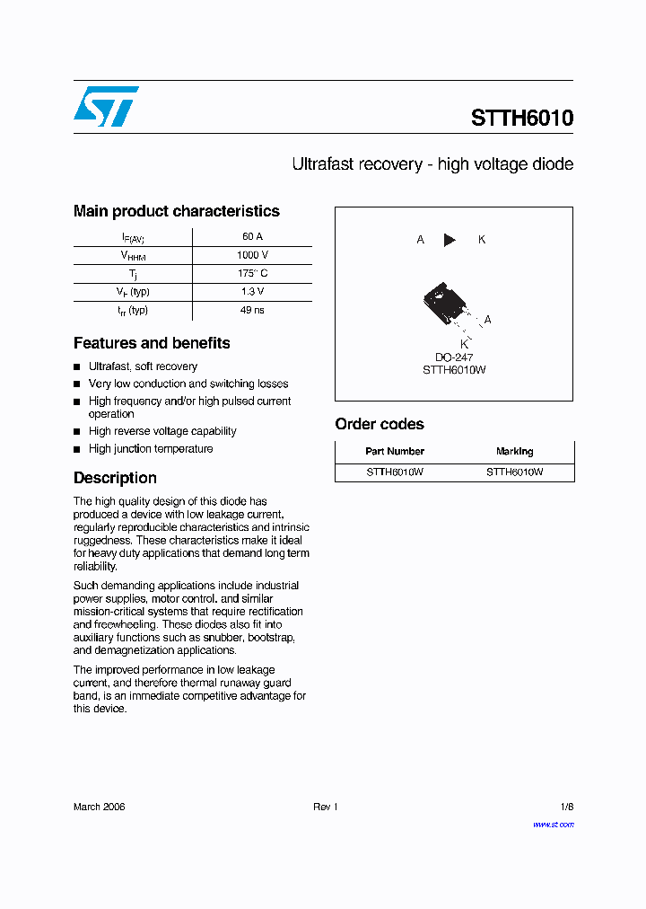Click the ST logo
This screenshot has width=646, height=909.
tap(106, 106)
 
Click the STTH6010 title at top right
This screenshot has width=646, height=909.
tap(521, 119)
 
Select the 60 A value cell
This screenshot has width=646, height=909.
tap(252, 236)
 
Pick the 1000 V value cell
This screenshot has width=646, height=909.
tap(252, 255)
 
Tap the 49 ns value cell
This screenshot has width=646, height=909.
tap(252, 310)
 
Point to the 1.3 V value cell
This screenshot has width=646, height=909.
tap(252, 292)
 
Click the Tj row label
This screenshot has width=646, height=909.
tap(133, 274)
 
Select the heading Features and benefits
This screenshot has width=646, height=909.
tap(152, 343)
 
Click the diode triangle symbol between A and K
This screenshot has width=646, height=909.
tap(450, 240)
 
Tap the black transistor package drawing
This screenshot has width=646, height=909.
tap(444, 305)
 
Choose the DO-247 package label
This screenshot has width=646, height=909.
tap(454, 357)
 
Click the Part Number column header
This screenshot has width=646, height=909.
tap(395, 452)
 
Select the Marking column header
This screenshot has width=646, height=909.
tap(514, 452)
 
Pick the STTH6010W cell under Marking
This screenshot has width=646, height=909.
tap(514, 472)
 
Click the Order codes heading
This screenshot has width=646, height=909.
tap(380, 424)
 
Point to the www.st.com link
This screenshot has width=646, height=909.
tap(553, 825)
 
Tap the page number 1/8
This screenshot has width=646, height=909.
tap(565, 807)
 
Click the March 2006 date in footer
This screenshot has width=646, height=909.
tap(99, 807)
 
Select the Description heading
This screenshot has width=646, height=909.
tap(115, 478)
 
